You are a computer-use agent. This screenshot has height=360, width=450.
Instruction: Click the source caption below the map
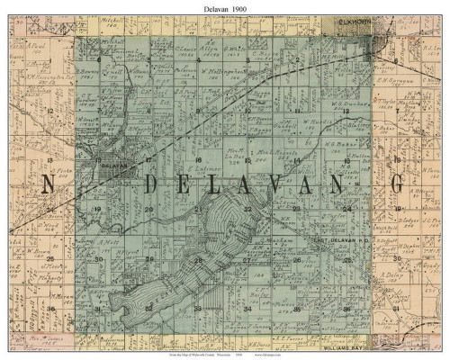pos(225,355)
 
